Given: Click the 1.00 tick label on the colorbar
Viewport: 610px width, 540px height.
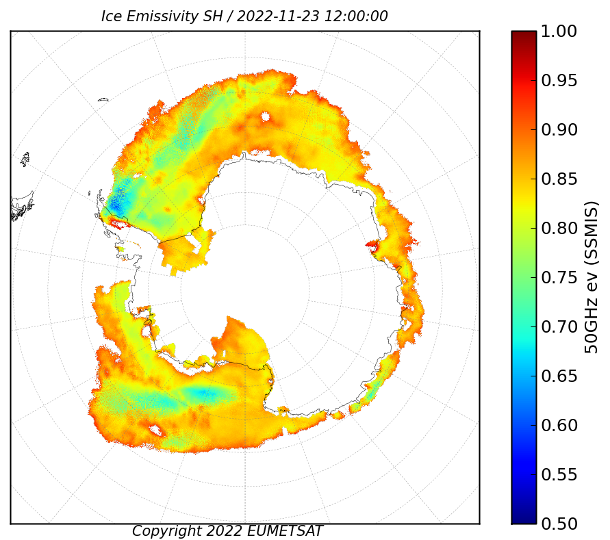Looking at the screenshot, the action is point(559,31).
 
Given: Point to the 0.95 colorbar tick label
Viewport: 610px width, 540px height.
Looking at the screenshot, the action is point(559,81).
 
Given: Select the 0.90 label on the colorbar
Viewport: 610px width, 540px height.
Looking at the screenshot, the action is point(559,129).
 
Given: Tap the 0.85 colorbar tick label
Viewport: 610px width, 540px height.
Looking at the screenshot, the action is point(559,179).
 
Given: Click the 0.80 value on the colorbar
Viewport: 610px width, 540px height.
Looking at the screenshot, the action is point(559,228).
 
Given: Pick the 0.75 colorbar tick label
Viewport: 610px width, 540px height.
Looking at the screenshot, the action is point(559,277).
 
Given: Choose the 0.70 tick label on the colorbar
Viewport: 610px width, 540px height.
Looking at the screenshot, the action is point(559,326).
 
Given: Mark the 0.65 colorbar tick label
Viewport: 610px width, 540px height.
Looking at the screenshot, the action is point(559,376).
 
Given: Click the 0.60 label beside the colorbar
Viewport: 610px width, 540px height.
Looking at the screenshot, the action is point(559,425).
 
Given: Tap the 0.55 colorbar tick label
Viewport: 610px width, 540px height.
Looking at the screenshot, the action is point(559,474).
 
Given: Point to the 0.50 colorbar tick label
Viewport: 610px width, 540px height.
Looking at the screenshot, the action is point(559,524).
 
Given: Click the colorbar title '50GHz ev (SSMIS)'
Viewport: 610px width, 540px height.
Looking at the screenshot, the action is point(592,277).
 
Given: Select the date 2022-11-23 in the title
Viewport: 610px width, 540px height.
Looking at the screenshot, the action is point(278,16).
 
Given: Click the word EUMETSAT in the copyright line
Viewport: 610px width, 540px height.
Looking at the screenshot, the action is point(284,531).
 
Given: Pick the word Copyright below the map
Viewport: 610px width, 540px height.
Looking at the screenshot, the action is point(166,531).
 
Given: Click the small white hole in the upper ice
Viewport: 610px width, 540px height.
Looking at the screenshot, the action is point(266,116).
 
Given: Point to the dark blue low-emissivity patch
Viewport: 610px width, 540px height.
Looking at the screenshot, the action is point(116,204).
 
